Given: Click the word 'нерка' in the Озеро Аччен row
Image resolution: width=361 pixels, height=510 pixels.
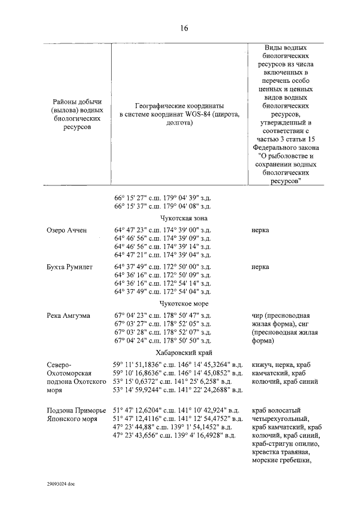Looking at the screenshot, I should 260,230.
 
